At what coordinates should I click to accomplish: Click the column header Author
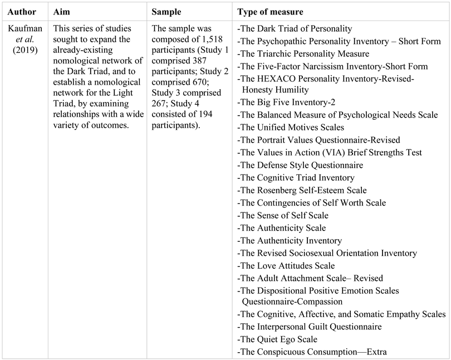(x=19, y=12)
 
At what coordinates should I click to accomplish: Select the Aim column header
(x=63, y=12)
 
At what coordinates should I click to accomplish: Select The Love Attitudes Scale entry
(x=286, y=265)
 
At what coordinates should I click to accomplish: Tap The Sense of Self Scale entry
(x=283, y=216)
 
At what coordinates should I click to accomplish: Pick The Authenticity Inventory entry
(x=290, y=241)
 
